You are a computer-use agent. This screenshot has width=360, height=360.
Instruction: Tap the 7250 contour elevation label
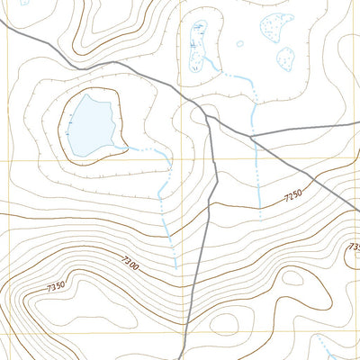click(x=293, y=195)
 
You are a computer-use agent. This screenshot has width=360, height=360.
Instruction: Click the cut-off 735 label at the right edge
click(x=354, y=246)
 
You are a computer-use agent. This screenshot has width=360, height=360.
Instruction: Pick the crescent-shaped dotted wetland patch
click(x=276, y=27)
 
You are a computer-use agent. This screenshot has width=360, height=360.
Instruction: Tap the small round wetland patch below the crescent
click(x=285, y=60)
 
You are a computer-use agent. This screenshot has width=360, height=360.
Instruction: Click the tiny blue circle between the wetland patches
click(x=239, y=42)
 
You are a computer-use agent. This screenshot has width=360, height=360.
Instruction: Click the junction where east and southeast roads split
click(x=253, y=137)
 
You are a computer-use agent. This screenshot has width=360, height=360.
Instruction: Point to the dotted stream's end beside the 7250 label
click(x=259, y=216)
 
